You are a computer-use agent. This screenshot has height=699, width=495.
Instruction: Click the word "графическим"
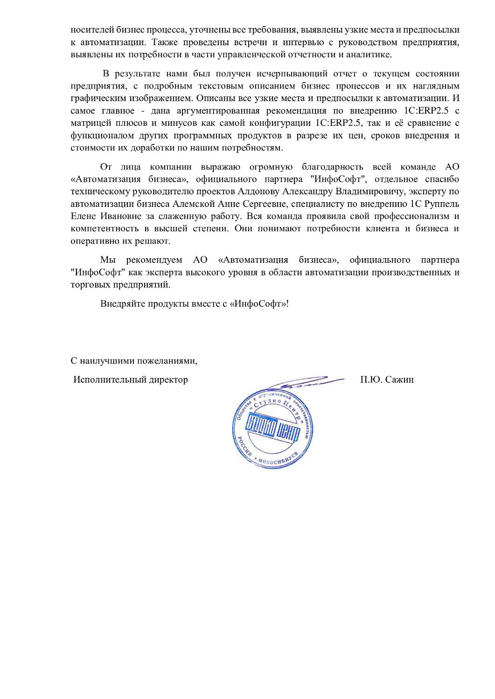pyautogui.click(x=93, y=98)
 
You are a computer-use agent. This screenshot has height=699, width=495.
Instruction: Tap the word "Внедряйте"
pyautogui.click(x=120, y=303)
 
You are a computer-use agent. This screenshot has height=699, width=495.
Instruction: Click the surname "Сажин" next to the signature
pyautogui.click(x=400, y=379)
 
